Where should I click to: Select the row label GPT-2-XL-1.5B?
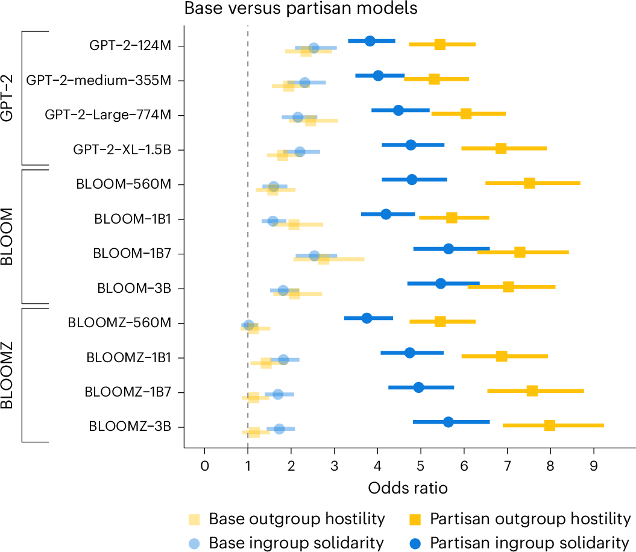[x=121, y=149]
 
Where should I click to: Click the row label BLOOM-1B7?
[x=131, y=253]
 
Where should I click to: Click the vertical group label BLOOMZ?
[x=8, y=375]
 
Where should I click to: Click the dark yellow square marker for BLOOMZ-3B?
[x=549, y=425]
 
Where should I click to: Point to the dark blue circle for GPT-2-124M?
[x=370, y=41]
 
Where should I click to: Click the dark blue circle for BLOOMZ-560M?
[x=367, y=318]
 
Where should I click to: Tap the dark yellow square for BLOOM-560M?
[x=529, y=183]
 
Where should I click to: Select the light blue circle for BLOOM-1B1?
[x=272, y=221]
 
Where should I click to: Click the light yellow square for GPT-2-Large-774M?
[x=310, y=121]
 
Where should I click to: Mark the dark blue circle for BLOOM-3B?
[x=441, y=283]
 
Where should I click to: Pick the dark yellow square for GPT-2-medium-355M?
[x=434, y=79]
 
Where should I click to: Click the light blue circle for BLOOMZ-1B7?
[x=278, y=394]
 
